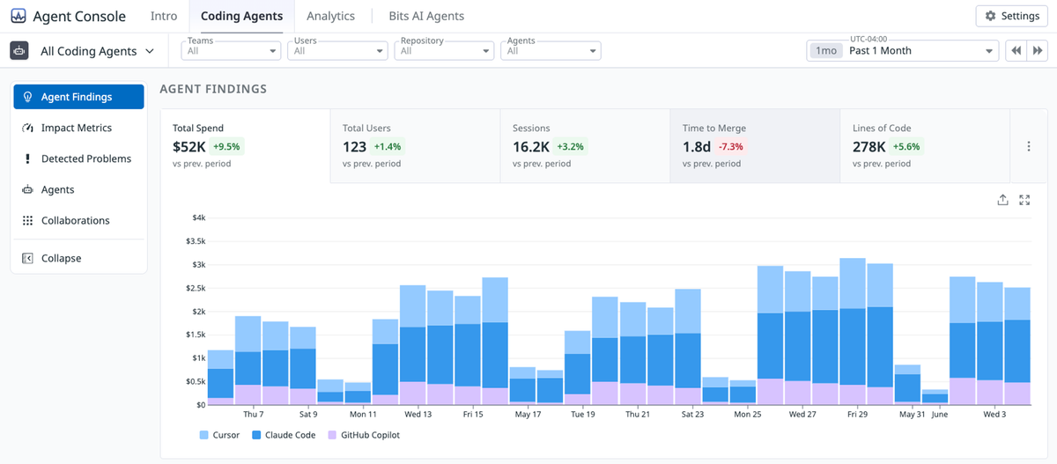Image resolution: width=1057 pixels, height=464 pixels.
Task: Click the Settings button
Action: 1011,16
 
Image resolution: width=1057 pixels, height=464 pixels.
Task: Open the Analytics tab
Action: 330,16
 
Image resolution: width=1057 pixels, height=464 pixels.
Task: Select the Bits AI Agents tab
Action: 426,16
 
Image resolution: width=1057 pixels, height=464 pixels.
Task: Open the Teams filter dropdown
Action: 231,50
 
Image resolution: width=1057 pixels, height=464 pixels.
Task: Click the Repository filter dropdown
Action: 444,50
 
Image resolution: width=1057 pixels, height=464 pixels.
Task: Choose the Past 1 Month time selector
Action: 902,50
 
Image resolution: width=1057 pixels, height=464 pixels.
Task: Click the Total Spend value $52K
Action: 188,147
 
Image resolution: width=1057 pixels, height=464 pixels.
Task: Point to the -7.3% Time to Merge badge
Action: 730,147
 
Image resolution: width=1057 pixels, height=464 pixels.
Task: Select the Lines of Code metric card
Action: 925,145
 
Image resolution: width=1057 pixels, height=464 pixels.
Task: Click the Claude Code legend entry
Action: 284,435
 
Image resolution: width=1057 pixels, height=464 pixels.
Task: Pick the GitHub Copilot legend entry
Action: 364,435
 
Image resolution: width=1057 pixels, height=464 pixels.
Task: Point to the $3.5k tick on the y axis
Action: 196,241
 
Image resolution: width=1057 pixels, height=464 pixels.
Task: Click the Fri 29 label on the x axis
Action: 857,414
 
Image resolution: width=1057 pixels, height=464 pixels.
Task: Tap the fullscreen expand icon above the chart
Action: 1024,200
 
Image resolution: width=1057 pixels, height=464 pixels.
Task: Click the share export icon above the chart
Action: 1002,200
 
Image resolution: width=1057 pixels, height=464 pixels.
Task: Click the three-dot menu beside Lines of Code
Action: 1029,146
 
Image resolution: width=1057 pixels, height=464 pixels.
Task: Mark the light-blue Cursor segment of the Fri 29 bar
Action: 853,284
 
